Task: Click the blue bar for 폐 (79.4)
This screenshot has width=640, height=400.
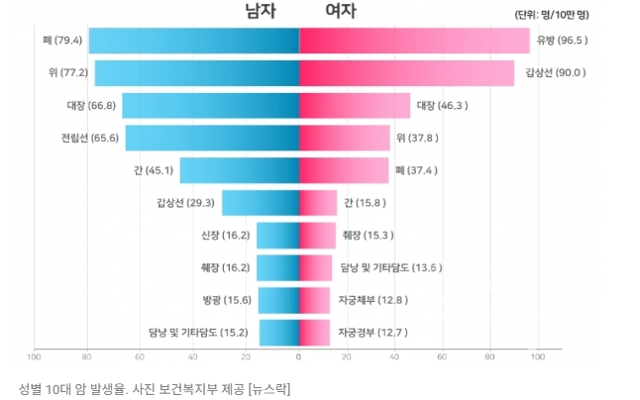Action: point(193,41)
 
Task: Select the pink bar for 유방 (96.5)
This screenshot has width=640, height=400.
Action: point(414,41)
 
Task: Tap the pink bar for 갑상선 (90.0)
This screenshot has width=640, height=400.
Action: point(406,73)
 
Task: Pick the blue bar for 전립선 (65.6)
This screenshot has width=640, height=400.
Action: point(212,138)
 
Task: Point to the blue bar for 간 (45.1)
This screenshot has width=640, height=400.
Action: point(239,170)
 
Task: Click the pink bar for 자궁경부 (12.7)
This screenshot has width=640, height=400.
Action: point(314,332)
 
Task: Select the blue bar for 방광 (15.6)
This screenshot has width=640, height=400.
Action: point(278,299)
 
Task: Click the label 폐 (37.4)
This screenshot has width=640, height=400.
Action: point(418,170)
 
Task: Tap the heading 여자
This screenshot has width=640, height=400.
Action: point(341,12)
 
